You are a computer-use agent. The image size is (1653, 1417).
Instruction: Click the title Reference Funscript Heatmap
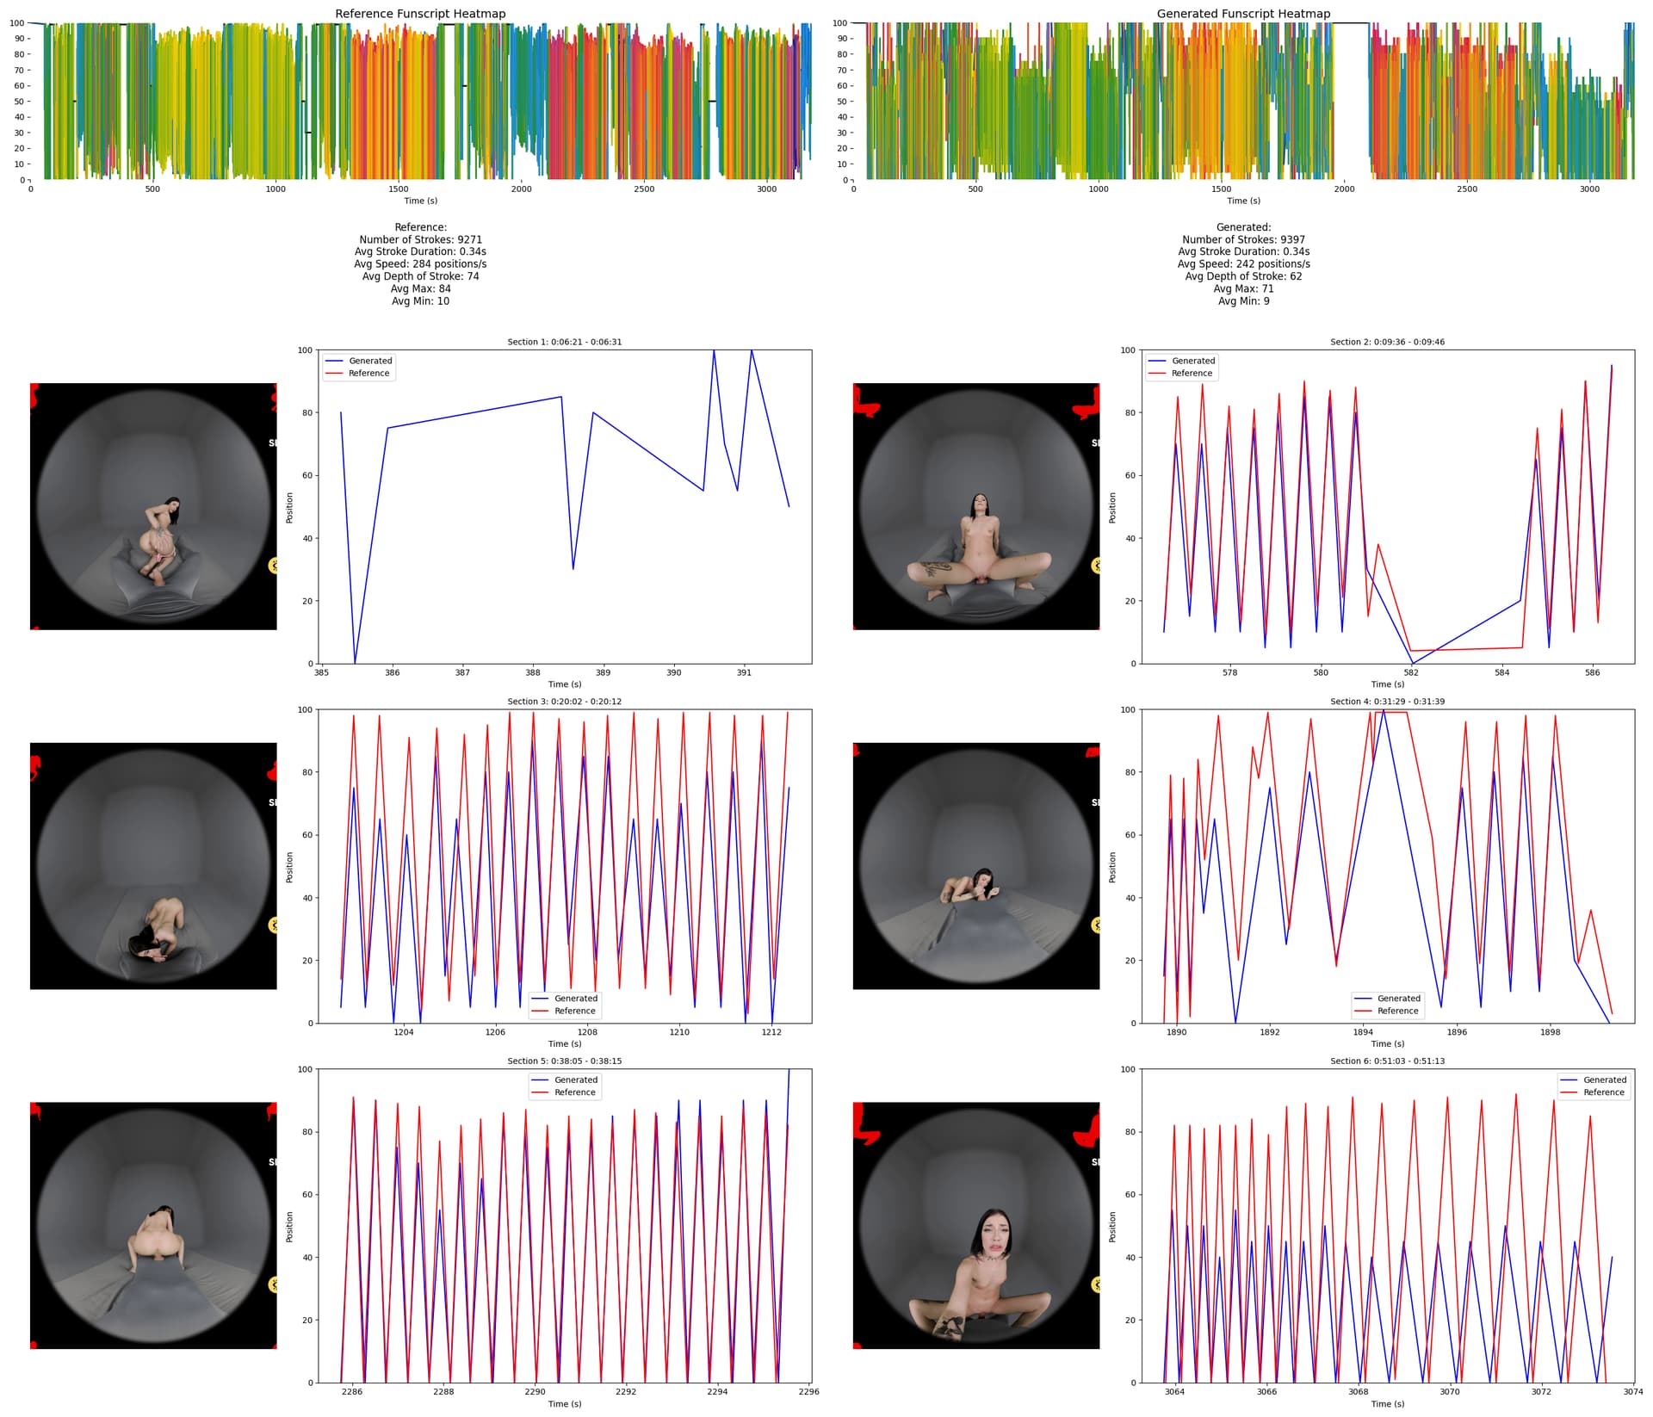(420, 14)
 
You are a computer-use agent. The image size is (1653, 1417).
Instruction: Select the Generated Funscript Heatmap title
(1243, 14)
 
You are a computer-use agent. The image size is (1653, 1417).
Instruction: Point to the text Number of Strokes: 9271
(420, 239)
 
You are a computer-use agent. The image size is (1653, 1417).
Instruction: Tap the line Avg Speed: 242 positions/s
(1243, 264)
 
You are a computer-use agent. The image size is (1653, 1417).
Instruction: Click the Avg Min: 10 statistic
(420, 301)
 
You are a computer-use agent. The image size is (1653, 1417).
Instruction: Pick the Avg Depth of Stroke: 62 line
(1243, 276)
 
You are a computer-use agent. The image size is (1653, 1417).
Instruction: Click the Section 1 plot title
(564, 342)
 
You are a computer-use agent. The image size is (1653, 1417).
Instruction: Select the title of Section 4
(1387, 702)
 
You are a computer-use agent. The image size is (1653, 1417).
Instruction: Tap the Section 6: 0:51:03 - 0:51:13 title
(1387, 1061)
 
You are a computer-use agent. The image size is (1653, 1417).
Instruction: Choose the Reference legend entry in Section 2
(1192, 374)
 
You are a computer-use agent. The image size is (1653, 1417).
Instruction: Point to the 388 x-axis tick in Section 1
(533, 673)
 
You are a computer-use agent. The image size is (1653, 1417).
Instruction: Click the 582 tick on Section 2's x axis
(1411, 673)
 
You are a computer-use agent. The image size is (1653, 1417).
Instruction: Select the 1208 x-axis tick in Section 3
(587, 1032)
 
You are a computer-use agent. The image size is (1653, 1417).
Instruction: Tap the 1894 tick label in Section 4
(1363, 1032)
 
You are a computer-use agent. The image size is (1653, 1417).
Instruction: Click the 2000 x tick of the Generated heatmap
(1344, 189)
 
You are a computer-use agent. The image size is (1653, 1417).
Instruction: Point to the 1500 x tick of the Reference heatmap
(399, 189)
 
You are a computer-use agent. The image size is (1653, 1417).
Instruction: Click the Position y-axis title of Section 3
(290, 867)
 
